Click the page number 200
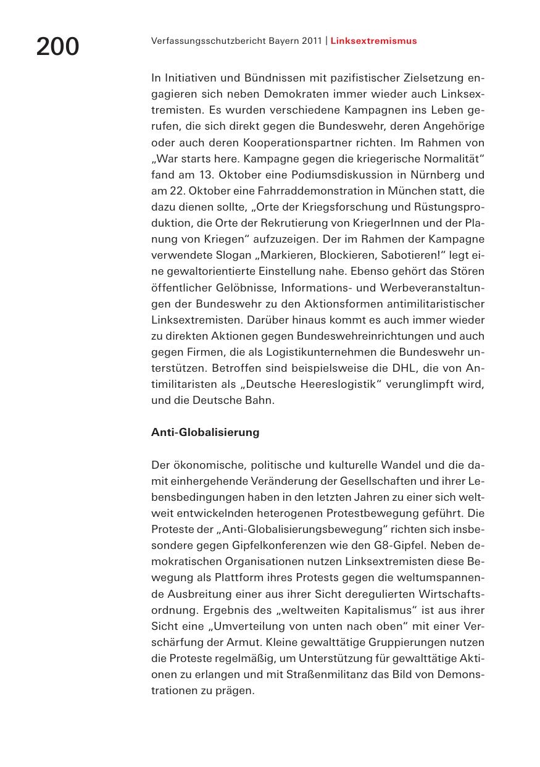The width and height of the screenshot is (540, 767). click(57, 47)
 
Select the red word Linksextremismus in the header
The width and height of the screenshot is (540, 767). click(373, 41)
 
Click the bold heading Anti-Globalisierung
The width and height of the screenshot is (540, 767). click(205, 432)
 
